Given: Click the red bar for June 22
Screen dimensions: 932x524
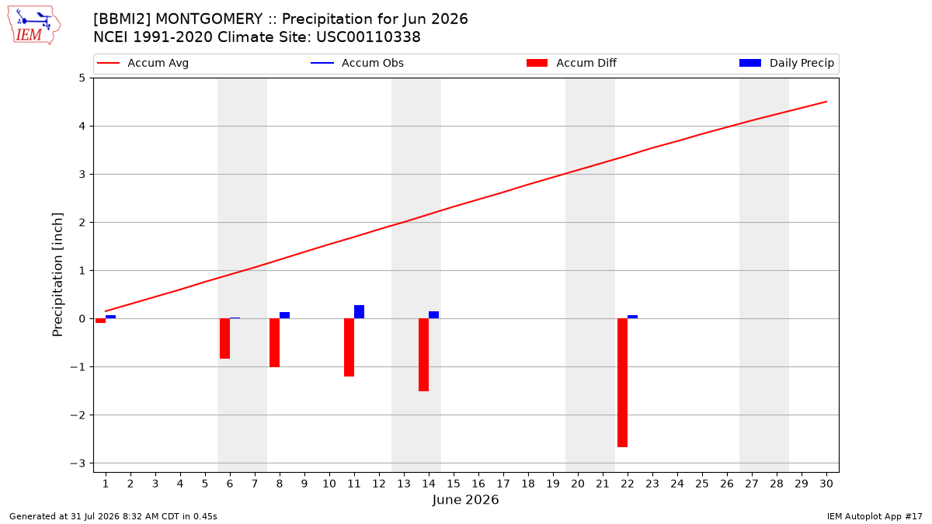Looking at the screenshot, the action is (622, 383).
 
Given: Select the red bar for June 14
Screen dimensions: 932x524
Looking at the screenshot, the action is (423, 355).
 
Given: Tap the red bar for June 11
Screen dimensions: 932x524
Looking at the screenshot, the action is (349, 347).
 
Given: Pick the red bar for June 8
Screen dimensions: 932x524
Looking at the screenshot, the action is (275, 342).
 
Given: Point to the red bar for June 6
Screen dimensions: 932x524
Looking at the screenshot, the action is (224, 338).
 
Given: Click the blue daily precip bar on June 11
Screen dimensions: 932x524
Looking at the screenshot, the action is (359, 312).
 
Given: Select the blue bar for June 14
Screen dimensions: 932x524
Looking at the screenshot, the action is (433, 315).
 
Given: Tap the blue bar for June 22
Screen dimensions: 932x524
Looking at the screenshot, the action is (632, 317).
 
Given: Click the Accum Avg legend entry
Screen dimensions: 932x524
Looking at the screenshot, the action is (143, 63).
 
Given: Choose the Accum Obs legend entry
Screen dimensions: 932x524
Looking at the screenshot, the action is (357, 63).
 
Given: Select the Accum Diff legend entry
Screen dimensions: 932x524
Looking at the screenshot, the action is (572, 63).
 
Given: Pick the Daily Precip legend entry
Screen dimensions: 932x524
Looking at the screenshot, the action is (786, 63).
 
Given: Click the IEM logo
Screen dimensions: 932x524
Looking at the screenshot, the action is (34, 26).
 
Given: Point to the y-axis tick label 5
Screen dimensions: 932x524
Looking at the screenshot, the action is (82, 78).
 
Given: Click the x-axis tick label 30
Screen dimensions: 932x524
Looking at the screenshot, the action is (826, 484).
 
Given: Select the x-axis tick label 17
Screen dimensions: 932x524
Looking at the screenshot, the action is (503, 484).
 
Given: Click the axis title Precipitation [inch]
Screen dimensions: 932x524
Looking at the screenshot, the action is (57, 275).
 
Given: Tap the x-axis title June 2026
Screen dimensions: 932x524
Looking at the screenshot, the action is (465, 500).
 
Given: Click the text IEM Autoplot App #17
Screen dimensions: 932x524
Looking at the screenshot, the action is (875, 516).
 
